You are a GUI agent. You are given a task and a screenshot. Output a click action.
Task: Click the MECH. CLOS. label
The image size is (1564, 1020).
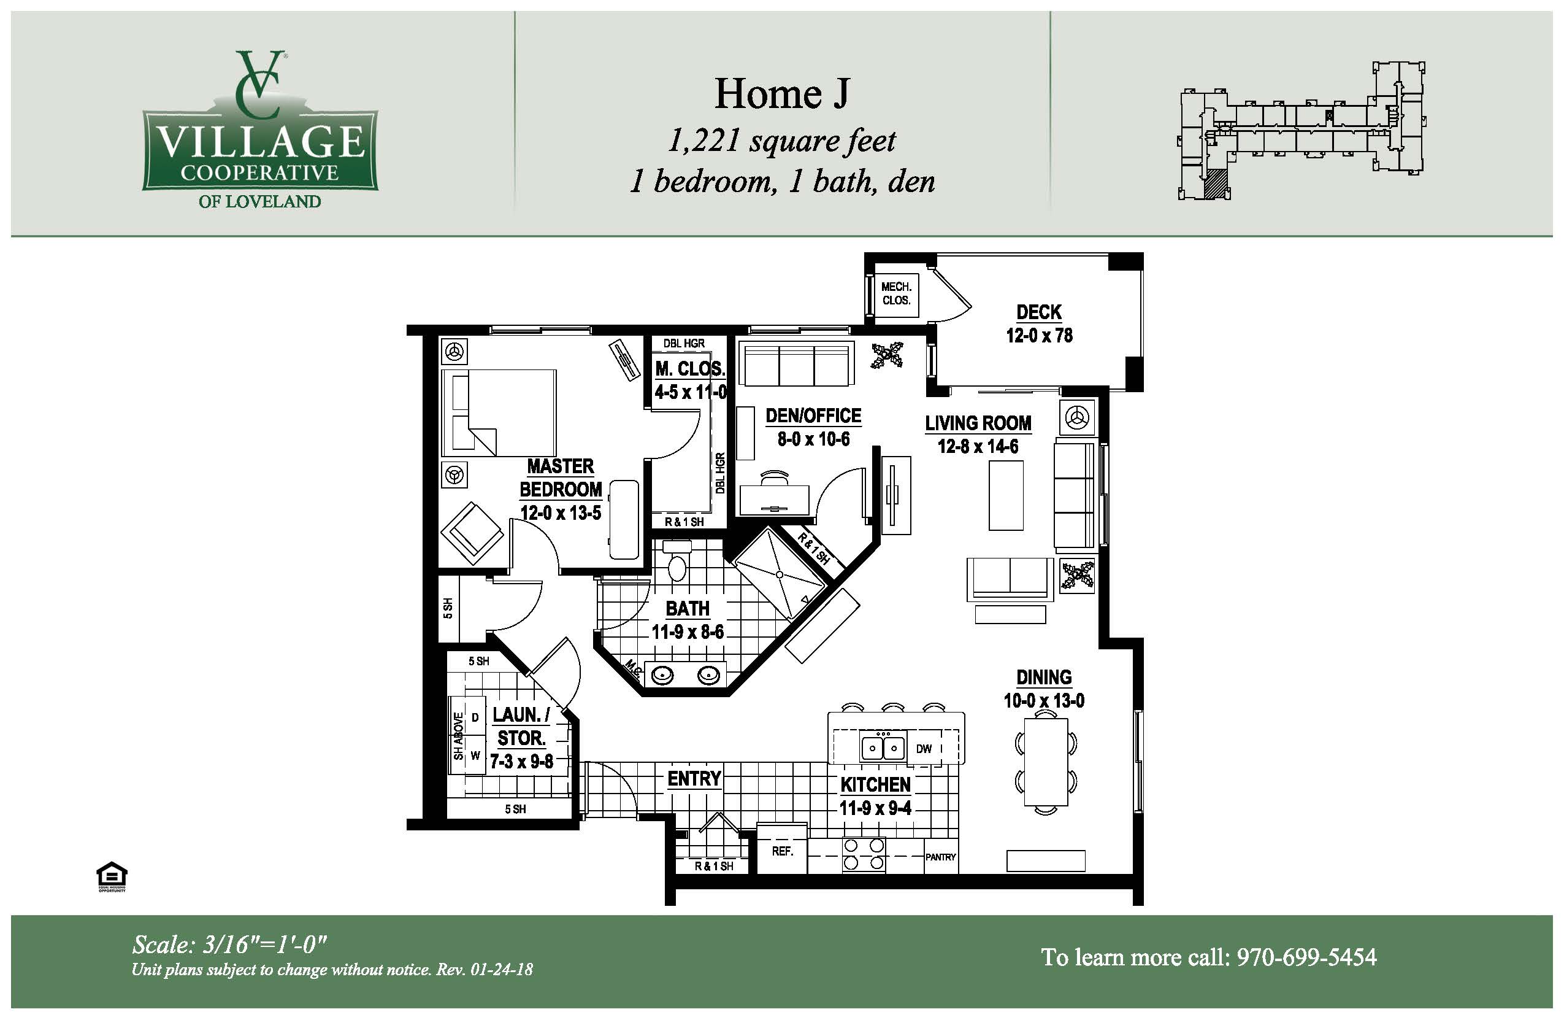tap(896, 293)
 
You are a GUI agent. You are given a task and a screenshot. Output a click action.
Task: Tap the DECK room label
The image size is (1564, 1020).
tap(1039, 312)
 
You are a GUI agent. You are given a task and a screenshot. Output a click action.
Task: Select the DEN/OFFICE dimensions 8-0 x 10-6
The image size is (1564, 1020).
tap(813, 439)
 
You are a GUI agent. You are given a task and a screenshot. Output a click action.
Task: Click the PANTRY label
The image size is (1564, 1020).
tap(940, 857)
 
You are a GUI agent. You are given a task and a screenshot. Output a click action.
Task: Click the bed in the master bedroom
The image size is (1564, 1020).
tap(499, 413)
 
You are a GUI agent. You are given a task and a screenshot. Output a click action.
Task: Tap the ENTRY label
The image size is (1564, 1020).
tap(694, 779)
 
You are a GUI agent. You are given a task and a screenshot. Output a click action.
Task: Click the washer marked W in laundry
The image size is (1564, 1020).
tap(475, 755)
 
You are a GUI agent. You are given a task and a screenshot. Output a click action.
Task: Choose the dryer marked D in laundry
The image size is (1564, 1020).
tap(475, 717)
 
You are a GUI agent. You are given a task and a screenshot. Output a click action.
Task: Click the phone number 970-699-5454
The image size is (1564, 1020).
tap(1306, 957)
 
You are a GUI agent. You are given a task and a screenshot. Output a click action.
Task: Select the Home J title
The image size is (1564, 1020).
tap(781, 93)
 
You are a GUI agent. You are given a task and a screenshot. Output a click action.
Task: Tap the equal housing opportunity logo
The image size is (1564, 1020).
tap(112, 876)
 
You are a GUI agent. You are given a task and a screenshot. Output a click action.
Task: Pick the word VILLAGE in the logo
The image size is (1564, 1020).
tap(260, 141)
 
